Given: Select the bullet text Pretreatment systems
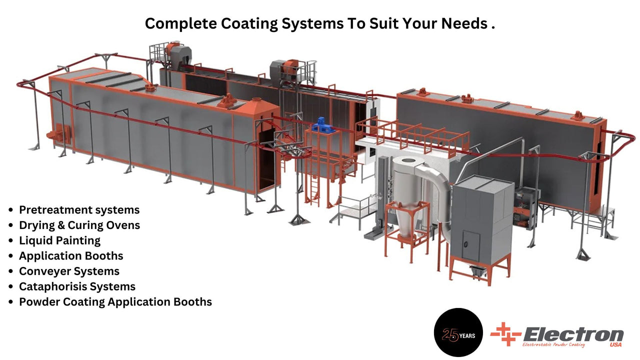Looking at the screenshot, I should coord(79,210).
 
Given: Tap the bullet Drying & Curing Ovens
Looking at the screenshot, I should coord(79,225).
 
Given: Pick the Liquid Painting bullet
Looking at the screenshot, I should coord(59,241).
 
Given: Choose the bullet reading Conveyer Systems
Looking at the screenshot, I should coord(69,271).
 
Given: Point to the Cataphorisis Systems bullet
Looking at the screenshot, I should coord(77,287).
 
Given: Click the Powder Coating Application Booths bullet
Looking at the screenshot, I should coord(115,302).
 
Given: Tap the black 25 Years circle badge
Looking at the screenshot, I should coord(458,332).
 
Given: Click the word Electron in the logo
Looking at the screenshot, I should coord(572,333).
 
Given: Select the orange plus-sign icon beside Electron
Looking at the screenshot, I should coord(505,334).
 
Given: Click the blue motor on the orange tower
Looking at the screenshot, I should coord(321,125).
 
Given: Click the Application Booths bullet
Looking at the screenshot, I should coord(71,256).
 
